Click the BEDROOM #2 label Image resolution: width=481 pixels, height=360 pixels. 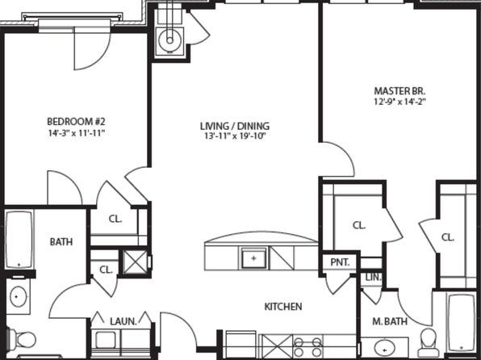(76, 122)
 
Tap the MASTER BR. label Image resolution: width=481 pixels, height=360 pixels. (399, 91)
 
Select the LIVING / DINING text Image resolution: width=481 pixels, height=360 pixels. (235, 126)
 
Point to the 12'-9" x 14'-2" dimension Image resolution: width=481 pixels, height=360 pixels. (399, 102)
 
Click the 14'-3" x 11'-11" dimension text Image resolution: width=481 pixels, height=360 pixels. (77, 133)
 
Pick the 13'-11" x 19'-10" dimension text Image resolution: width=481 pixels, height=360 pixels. (235, 136)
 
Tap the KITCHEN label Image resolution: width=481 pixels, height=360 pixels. (283, 307)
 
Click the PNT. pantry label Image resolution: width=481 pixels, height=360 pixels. (340, 262)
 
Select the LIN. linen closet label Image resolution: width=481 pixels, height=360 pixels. (373, 278)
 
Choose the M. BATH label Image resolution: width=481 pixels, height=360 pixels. (390, 321)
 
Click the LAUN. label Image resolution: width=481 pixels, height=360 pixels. (123, 321)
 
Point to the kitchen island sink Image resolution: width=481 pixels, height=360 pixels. (253, 258)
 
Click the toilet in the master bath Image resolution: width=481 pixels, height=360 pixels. (429, 343)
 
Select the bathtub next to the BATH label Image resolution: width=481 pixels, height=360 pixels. (19, 240)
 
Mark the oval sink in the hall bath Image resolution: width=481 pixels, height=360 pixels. (19, 296)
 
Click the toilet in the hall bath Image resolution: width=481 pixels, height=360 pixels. (22, 340)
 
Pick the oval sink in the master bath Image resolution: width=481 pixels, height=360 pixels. (385, 349)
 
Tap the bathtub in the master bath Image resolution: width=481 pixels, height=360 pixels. (461, 323)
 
